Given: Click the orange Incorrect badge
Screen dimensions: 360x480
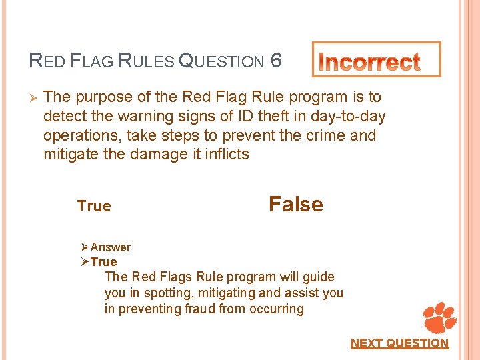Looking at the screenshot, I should click(377, 60).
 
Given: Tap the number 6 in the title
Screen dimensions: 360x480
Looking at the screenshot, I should click(277, 61).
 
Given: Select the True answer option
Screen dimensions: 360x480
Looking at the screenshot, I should click(94, 206).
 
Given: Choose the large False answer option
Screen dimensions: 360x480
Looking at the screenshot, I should click(295, 204).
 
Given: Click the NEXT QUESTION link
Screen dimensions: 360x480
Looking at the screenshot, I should click(399, 343).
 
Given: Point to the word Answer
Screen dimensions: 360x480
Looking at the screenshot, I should click(111, 247).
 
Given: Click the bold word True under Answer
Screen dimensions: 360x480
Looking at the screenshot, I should click(103, 262).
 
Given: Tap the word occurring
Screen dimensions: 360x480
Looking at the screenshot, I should click(277, 309).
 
